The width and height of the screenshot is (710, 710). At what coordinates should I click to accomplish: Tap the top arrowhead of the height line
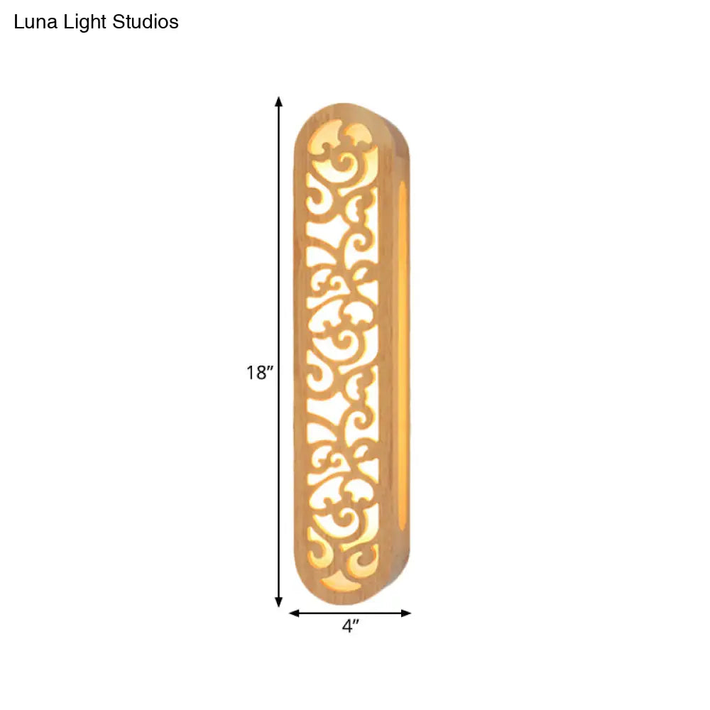click(x=279, y=101)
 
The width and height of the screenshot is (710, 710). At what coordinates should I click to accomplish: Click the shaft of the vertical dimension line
click(x=279, y=284)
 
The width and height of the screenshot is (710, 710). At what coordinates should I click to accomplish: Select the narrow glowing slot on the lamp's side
click(x=403, y=355)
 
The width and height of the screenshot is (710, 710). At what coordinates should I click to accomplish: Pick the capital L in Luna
click(x=19, y=22)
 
